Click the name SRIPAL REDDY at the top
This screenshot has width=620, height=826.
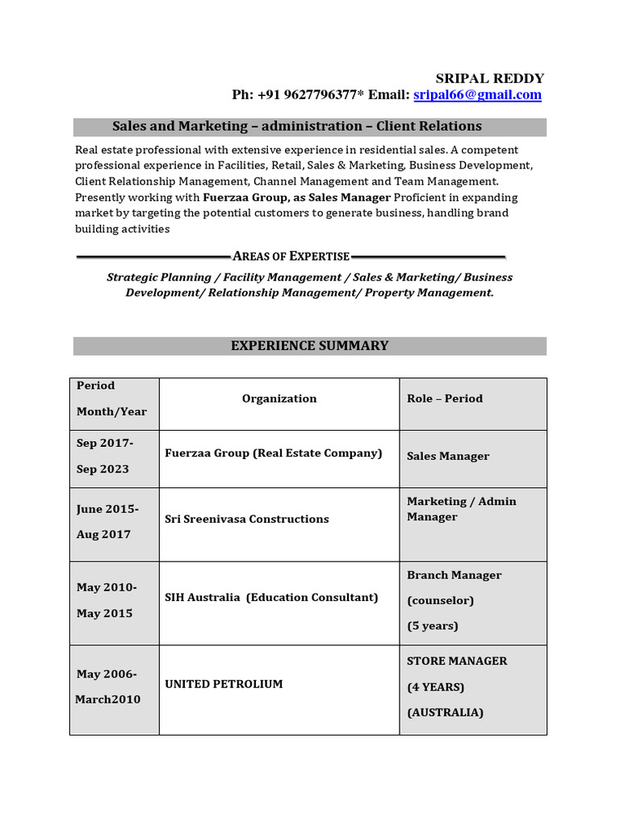(x=489, y=78)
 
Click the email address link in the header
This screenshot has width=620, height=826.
(x=477, y=95)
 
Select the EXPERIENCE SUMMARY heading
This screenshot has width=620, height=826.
(x=310, y=345)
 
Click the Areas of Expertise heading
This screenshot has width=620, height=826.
(x=291, y=257)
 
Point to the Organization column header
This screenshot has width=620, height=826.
(x=279, y=398)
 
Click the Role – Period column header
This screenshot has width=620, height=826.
(x=445, y=398)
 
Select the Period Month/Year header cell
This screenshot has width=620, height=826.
(x=111, y=398)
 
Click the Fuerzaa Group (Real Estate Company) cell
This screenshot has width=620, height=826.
(x=274, y=453)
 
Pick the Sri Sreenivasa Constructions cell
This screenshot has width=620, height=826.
(x=247, y=519)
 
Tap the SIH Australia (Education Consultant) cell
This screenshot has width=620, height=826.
(x=271, y=598)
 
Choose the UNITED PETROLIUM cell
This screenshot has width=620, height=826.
(x=224, y=684)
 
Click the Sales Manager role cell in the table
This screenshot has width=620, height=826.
(x=448, y=456)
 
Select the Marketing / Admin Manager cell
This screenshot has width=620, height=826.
(x=461, y=509)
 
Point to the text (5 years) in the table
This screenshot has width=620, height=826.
(x=433, y=626)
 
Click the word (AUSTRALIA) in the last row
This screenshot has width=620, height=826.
(x=445, y=712)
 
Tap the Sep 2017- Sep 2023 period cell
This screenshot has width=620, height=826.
(x=105, y=456)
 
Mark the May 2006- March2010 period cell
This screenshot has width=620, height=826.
(x=107, y=686)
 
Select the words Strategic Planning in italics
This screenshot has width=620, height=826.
(x=153, y=277)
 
